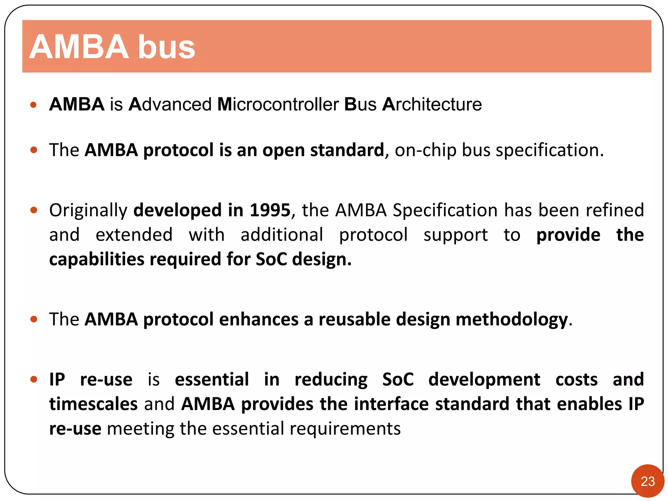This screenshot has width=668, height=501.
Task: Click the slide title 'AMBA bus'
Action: [x=112, y=47]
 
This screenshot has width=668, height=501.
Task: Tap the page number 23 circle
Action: [x=647, y=481]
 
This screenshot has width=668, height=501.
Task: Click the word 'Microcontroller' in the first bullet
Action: [x=278, y=104]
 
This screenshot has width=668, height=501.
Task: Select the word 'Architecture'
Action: [x=432, y=104]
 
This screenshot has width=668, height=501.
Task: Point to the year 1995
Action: [x=270, y=210]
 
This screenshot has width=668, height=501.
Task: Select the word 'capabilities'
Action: [x=97, y=260]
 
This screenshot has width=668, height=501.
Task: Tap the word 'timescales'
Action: [x=93, y=404]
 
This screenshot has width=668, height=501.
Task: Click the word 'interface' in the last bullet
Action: [x=391, y=404]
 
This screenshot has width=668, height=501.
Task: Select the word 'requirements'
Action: [x=345, y=429]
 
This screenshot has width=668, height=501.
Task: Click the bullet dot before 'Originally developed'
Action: [x=34, y=210]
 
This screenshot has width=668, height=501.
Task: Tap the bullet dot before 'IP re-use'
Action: [x=34, y=379]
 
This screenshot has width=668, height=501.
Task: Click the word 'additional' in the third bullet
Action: [x=282, y=235]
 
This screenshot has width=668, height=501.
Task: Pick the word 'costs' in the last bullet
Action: [x=576, y=380]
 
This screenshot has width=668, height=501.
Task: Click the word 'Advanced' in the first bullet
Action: [x=170, y=104]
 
